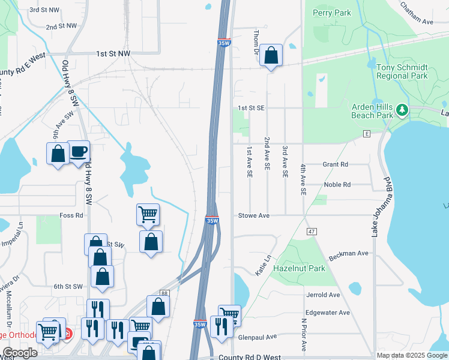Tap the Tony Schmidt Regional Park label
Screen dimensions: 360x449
coord(402,71)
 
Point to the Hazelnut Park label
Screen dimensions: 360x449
coord(299,268)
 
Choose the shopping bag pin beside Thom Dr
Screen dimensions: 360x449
coord(271,56)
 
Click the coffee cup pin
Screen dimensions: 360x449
coord(78,152)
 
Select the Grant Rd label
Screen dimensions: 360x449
coord(336,164)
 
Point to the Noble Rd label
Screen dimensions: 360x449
coord(337,185)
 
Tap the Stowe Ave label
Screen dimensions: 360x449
coord(254,215)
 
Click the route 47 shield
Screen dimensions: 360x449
coord(311,230)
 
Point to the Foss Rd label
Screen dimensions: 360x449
coord(71,215)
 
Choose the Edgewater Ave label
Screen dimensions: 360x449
coord(327,313)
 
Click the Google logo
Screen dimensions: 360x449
coord(20,352)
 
